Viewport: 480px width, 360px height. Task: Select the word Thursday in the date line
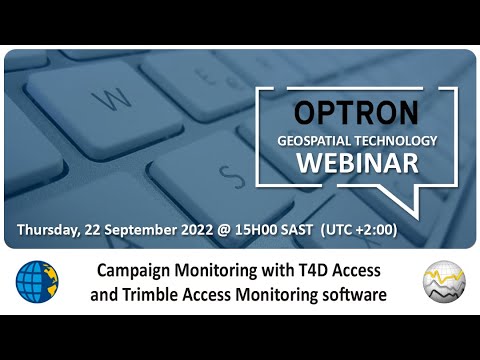pos(48,228)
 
